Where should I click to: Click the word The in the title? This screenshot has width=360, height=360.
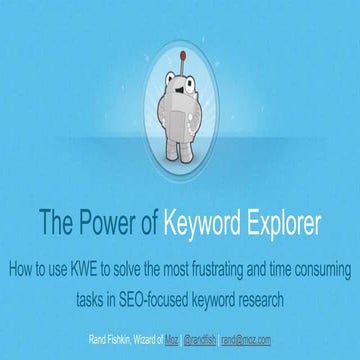click(56, 221)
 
